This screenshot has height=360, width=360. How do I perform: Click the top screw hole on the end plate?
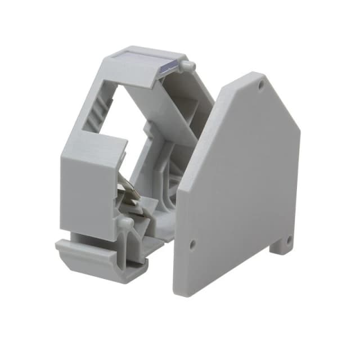pyautogui.click(x=261, y=85)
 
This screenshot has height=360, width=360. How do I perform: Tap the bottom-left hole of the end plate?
pyautogui.click(x=192, y=244)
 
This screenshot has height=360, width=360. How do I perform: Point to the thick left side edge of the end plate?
pyautogui.click(x=181, y=236)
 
